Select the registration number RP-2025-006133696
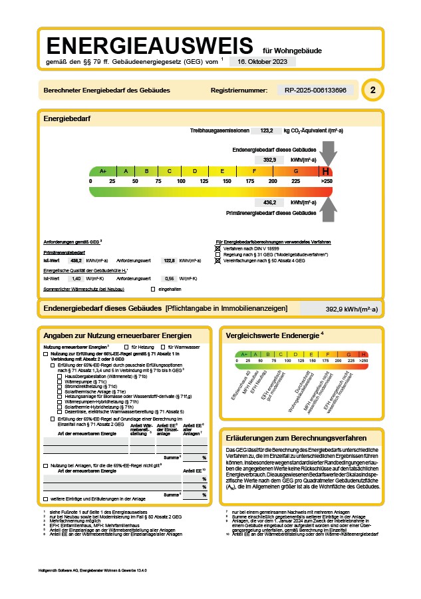coord(315,90)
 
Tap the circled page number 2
coord(372,90)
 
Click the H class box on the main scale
coord(326,171)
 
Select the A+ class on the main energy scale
coord(103,171)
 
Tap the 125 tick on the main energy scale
coord(204,181)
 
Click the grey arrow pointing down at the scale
coord(327,154)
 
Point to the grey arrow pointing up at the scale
coord(327,208)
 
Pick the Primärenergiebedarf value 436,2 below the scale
coord(270,202)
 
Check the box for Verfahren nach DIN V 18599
coord(217,248)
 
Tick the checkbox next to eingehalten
coord(153,289)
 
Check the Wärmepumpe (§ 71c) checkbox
coord(60,381)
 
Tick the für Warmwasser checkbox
coord(163,347)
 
